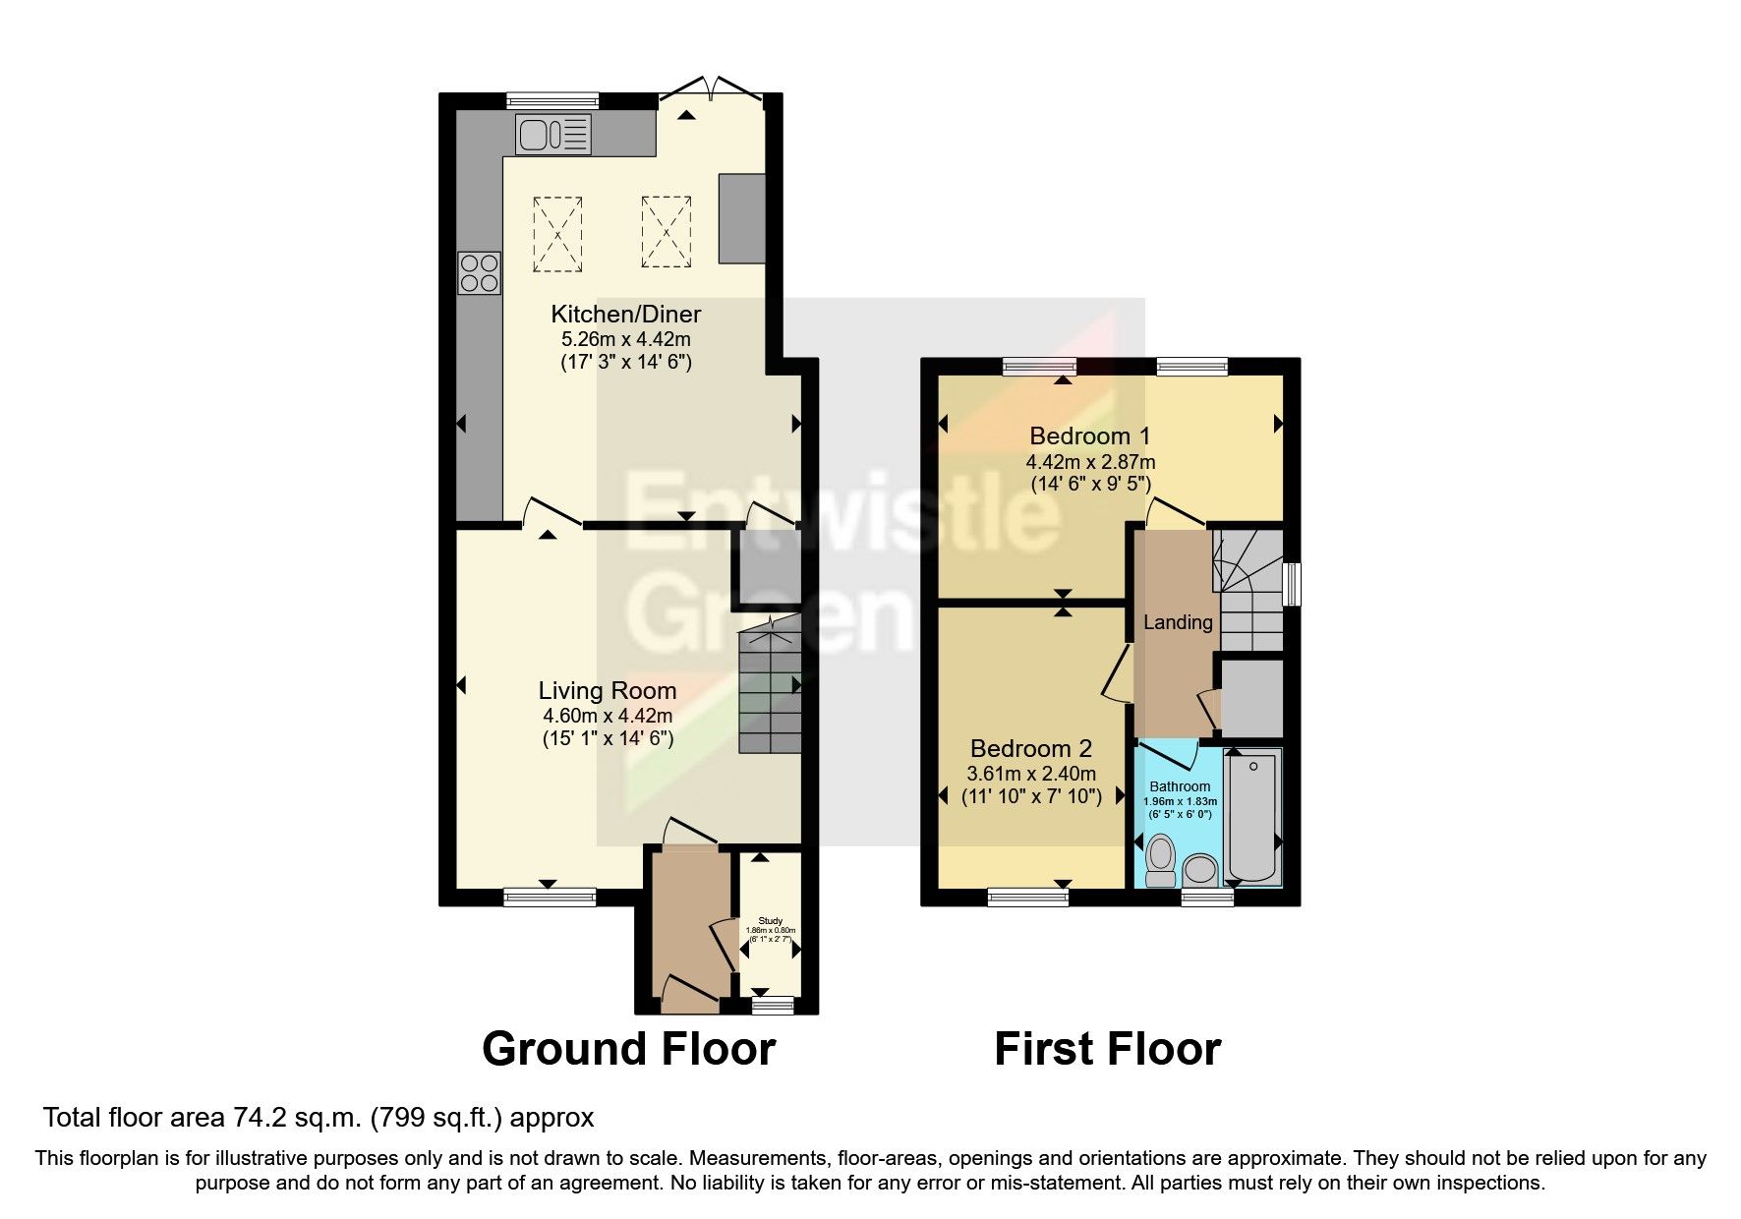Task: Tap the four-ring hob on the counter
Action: [479, 273]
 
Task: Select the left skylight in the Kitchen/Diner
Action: [557, 234]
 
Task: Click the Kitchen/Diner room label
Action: [625, 315]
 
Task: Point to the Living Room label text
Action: [607, 691]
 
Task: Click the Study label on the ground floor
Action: [770, 921]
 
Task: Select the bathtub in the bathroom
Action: [1252, 816]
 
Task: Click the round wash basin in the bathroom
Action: [1199, 870]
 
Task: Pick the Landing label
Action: [1177, 622]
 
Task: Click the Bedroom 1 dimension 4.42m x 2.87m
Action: [1090, 462]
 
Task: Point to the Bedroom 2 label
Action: [1030, 749]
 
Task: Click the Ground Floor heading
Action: [628, 1049]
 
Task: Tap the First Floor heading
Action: [1107, 1049]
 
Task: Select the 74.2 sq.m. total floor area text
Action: [319, 1118]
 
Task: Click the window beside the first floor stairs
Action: [1294, 584]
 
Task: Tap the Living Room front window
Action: [550, 897]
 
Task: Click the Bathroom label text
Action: [1180, 786]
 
